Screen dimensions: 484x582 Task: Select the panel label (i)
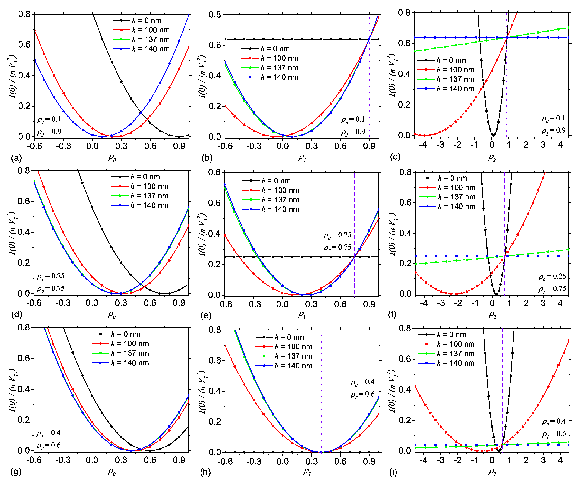(x=393, y=472)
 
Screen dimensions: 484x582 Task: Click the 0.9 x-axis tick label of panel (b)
(x=369, y=146)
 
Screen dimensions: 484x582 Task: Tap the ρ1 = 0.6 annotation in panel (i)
(x=554, y=434)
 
